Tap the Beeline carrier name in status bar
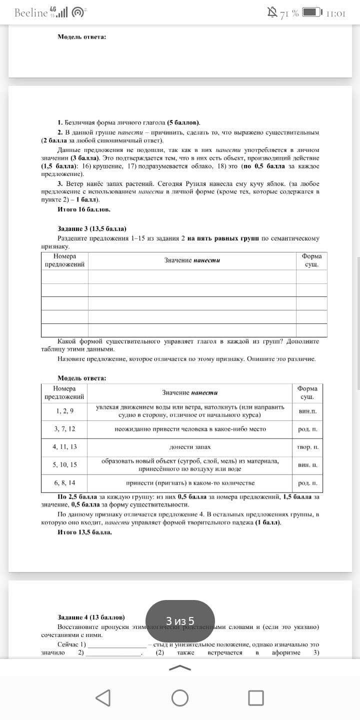point(31,13)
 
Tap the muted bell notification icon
point(272,12)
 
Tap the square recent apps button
point(256,697)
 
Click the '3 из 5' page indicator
point(180,621)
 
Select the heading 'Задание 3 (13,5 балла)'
point(92,228)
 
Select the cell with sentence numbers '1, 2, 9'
point(65,411)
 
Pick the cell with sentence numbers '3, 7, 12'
point(65,429)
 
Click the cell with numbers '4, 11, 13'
point(65,446)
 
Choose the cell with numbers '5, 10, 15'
point(65,464)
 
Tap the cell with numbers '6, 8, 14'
point(65,482)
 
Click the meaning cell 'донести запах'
point(190,446)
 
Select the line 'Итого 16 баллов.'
point(84,209)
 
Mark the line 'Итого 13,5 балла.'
point(85,532)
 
